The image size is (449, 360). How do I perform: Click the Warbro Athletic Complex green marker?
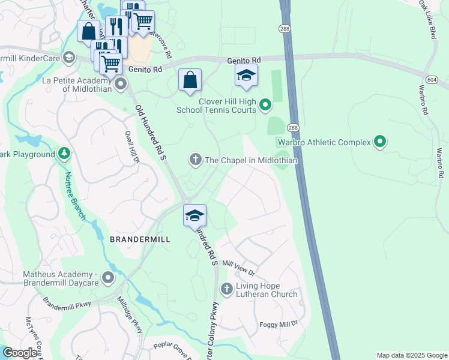(x=379, y=142)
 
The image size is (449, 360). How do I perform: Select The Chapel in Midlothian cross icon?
(x=194, y=160)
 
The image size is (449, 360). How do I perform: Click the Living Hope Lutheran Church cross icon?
(x=227, y=289)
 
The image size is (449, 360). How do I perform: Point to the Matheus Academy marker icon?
(x=108, y=277)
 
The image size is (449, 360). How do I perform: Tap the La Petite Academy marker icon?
(x=121, y=84)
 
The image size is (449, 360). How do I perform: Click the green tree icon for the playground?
(x=64, y=154)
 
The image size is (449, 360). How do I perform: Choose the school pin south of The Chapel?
(x=194, y=215)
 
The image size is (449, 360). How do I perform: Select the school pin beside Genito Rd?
(x=246, y=76)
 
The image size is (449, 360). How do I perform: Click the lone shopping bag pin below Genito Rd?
(x=190, y=80)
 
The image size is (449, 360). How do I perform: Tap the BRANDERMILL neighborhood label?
(x=140, y=239)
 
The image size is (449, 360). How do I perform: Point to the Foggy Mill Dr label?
(x=279, y=325)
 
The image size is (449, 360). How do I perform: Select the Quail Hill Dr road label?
(x=132, y=148)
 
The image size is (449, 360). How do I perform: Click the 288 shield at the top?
(x=284, y=28)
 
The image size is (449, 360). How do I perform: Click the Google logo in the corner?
(x=20, y=353)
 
